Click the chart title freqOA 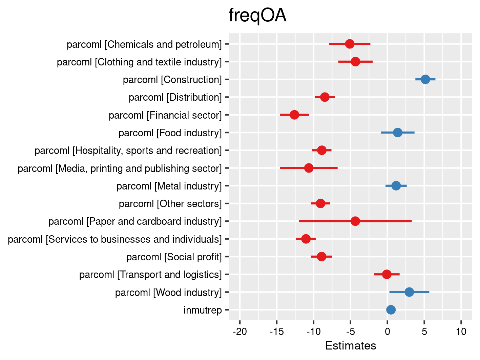257,16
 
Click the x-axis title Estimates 350,345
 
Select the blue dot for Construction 425,79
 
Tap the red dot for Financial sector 294,115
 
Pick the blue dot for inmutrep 391,309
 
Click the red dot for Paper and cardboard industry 355,221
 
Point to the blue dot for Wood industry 409,292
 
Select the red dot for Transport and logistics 387,274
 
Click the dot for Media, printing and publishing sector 309,168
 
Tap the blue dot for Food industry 398,133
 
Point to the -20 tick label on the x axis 239,331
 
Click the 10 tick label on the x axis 461,331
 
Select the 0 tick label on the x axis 387,331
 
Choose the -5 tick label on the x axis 350,331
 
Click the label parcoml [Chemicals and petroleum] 144,44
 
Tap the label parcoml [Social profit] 174,257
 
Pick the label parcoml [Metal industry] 169,186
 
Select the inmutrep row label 203,310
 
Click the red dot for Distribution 325,97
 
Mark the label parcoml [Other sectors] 170,204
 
